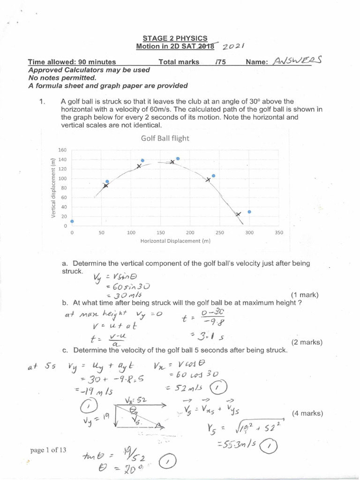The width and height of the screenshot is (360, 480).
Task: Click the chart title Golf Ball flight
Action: [x=165, y=138]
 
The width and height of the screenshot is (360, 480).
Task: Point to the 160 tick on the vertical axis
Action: [x=62, y=150]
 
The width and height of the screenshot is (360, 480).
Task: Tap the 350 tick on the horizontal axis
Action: [x=278, y=232]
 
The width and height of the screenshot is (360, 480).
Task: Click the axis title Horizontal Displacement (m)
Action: [x=175, y=241]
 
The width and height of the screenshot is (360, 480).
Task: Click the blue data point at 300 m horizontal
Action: [x=249, y=212]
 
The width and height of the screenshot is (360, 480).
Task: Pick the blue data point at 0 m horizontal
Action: [x=72, y=221]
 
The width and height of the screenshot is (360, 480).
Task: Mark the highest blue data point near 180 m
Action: [x=178, y=158]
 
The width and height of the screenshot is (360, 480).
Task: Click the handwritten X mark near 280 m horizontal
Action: [x=239, y=215]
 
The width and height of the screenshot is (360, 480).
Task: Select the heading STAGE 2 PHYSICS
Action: [x=175, y=38]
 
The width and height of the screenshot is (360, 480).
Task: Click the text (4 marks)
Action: [x=307, y=413]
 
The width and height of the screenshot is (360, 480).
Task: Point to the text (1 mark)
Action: [x=305, y=295]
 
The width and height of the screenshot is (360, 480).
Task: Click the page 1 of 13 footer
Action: [x=48, y=450]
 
